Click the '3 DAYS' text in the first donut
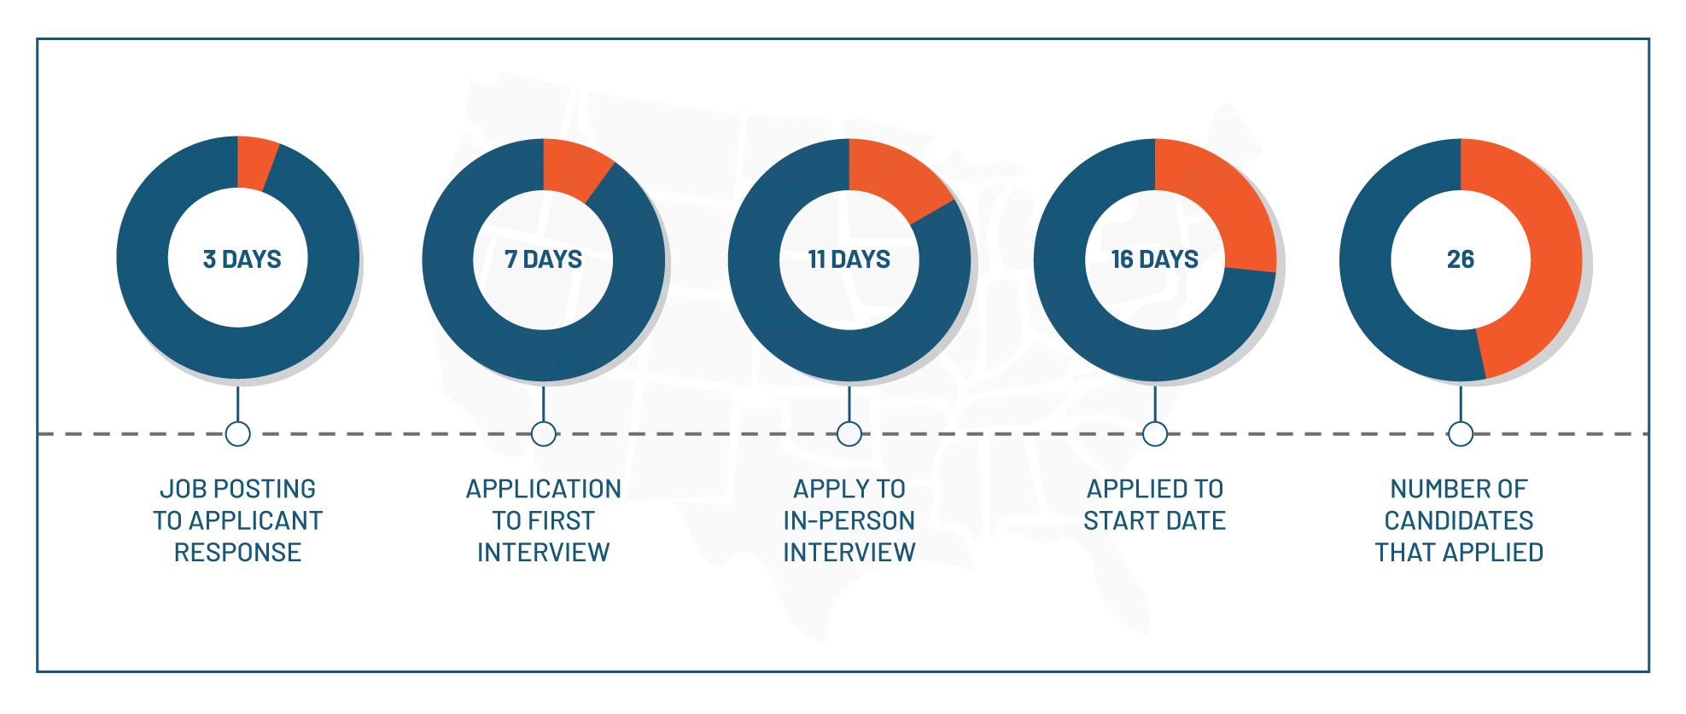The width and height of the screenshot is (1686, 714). tap(242, 259)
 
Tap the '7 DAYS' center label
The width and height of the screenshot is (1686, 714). tap(544, 259)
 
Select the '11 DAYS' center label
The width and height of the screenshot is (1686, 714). tap(849, 259)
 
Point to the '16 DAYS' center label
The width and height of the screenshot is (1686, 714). tap(1155, 259)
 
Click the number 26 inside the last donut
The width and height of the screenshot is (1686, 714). tap(1461, 259)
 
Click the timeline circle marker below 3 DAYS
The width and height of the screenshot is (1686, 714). tap(238, 434)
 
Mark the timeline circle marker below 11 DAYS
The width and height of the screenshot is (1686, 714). tap(849, 434)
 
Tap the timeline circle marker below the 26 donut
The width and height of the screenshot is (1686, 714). tap(1461, 434)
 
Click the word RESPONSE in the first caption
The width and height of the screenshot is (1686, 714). tap(238, 553)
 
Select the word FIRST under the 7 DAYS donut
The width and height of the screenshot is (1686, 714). tap(563, 520)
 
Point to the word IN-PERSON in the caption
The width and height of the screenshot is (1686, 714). tap(849, 520)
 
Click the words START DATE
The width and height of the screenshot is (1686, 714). tap(1155, 520)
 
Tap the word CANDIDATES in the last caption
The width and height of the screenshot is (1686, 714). tap(1459, 520)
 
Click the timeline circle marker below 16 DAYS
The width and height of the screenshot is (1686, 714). tap(1155, 434)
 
